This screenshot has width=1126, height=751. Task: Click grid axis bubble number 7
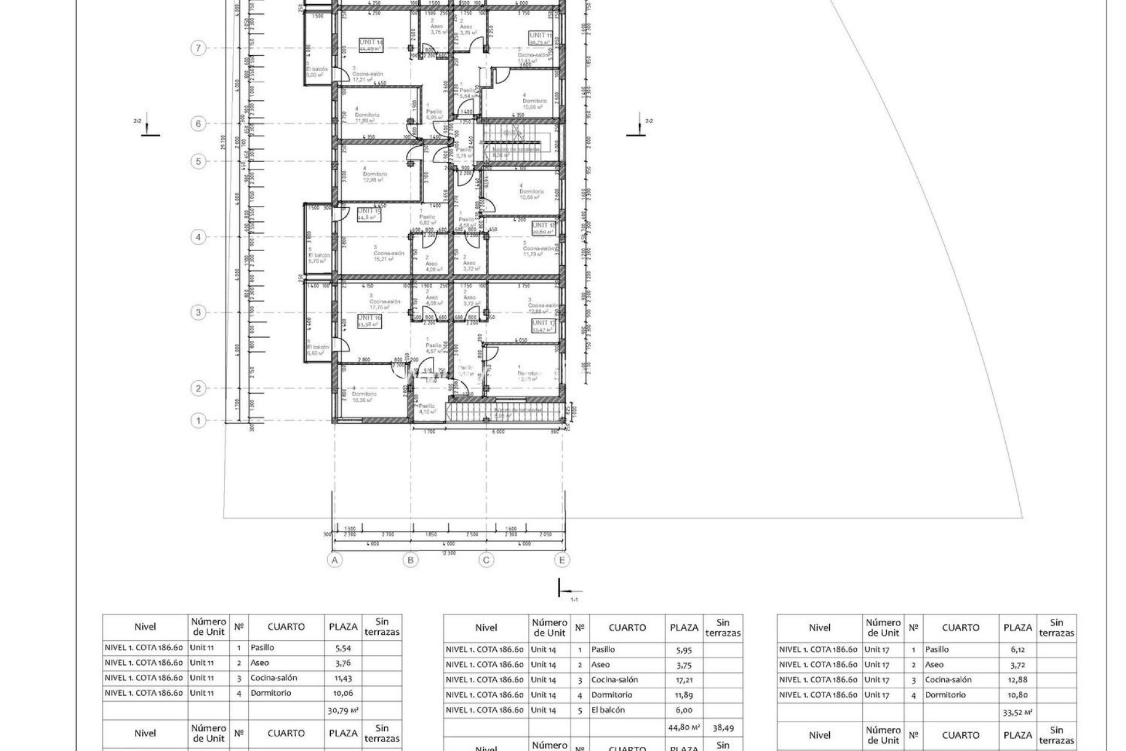(199, 48)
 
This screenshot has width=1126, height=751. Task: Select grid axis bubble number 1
(199, 421)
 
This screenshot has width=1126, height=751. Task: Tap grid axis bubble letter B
(411, 560)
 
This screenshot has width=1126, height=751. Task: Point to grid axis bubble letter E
(562, 560)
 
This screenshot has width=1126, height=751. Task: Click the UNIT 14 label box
(371, 45)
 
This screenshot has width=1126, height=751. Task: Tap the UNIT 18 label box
(543, 228)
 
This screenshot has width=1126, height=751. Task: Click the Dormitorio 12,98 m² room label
(373, 177)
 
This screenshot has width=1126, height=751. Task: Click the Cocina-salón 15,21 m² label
(389, 256)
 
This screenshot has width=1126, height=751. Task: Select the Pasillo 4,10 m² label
(427, 409)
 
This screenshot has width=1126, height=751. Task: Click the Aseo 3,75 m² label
(437, 30)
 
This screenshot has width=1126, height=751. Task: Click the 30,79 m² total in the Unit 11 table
(343, 711)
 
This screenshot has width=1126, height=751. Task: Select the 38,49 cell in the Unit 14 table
(723, 728)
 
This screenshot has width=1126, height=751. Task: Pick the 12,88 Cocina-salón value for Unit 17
(1018, 680)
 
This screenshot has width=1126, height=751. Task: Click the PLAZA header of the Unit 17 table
(1018, 628)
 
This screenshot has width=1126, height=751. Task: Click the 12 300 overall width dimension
(448, 553)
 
